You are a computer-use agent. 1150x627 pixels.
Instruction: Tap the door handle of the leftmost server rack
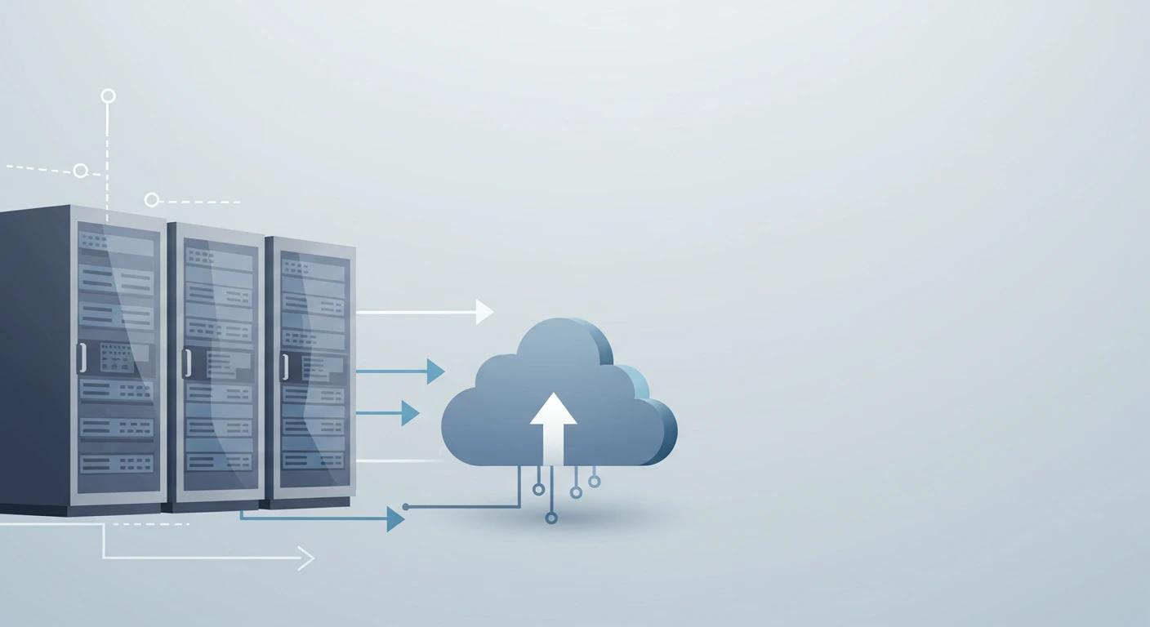[81, 358]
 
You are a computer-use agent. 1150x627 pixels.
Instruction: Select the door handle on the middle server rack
[186, 362]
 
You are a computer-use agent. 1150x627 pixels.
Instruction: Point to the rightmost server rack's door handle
[284, 366]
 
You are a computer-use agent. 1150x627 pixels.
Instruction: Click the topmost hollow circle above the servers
[108, 96]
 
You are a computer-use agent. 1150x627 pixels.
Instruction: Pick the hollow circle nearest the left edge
[80, 171]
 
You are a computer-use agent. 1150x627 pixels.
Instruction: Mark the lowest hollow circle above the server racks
[151, 200]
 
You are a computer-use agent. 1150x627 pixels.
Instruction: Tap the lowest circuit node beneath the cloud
[551, 518]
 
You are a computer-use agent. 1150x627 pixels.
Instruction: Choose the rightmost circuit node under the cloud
[594, 482]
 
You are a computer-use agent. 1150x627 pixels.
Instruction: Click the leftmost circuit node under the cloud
[538, 489]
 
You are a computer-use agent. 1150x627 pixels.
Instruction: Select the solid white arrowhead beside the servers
[484, 312]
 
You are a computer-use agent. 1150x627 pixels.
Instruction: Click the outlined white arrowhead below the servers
[306, 558]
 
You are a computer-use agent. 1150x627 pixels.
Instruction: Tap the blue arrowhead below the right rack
[396, 519]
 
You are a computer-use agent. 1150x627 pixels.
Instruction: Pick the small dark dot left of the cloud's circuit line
[406, 507]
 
